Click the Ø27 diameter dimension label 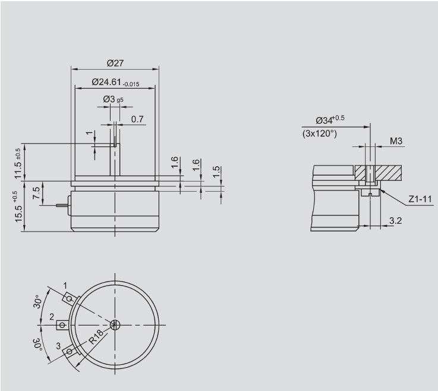click(x=115, y=63)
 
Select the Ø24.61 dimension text click(x=115, y=82)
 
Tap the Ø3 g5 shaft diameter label click(x=113, y=99)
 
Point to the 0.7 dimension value click(x=137, y=120)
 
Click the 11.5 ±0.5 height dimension click(x=18, y=164)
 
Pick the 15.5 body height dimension click(x=18, y=207)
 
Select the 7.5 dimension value click(x=36, y=193)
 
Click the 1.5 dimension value click(x=216, y=172)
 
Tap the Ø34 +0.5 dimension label click(x=330, y=120)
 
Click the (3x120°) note click(x=320, y=133)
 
